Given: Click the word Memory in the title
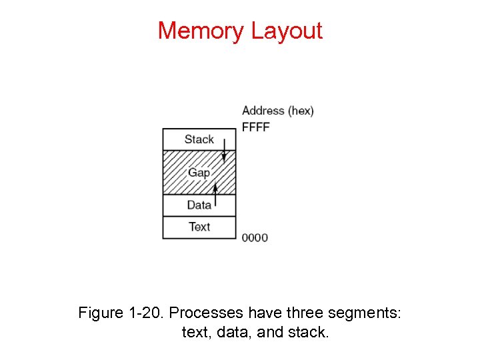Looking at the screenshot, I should pyautogui.click(x=201, y=31).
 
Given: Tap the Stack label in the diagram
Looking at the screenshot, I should pyautogui.click(x=199, y=139).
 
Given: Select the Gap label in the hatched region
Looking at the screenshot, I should pyautogui.click(x=199, y=173).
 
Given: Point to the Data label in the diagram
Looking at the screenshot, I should pyautogui.click(x=199, y=205).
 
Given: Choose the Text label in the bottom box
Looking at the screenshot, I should pyautogui.click(x=199, y=227).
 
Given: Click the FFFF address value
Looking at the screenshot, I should pyautogui.click(x=255, y=127).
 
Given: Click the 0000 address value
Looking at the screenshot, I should pyautogui.click(x=255, y=237).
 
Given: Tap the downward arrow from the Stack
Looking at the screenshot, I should pyautogui.click(x=225, y=150).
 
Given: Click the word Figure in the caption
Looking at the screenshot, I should pyautogui.click(x=101, y=312).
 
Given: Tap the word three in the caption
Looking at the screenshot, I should pyautogui.click(x=304, y=312).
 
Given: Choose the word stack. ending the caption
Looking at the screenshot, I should pyautogui.click(x=308, y=331).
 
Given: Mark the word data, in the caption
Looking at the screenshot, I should pyautogui.click(x=234, y=331).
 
